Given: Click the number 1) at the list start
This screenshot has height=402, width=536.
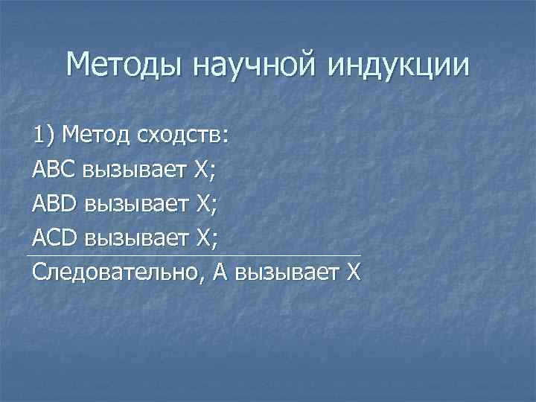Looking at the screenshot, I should coord(45,136).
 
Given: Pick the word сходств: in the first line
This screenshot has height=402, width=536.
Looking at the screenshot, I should coord(183,136).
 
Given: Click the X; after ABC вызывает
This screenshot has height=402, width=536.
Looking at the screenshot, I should coord(205,170).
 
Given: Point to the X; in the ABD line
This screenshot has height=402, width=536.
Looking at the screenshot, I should coord(205,204).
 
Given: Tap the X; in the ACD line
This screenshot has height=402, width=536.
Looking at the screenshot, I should coord(205,238).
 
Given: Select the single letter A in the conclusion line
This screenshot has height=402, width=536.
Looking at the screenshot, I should coord(220,272).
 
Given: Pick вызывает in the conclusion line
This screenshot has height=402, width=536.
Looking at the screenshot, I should coord(287,272).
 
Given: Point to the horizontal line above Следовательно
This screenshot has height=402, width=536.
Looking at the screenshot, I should coord(194,256).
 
